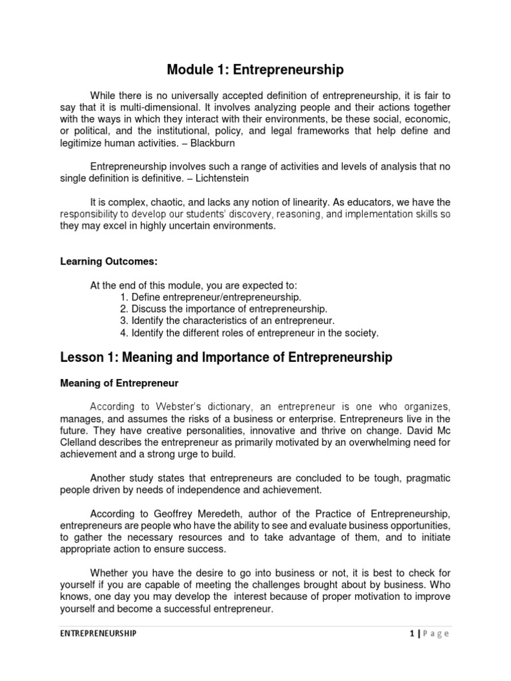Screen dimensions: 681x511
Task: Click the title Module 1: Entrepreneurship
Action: click(255, 68)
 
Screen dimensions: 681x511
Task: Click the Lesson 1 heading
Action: click(226, 358)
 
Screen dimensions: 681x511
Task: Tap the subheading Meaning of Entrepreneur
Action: click(112, 383)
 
